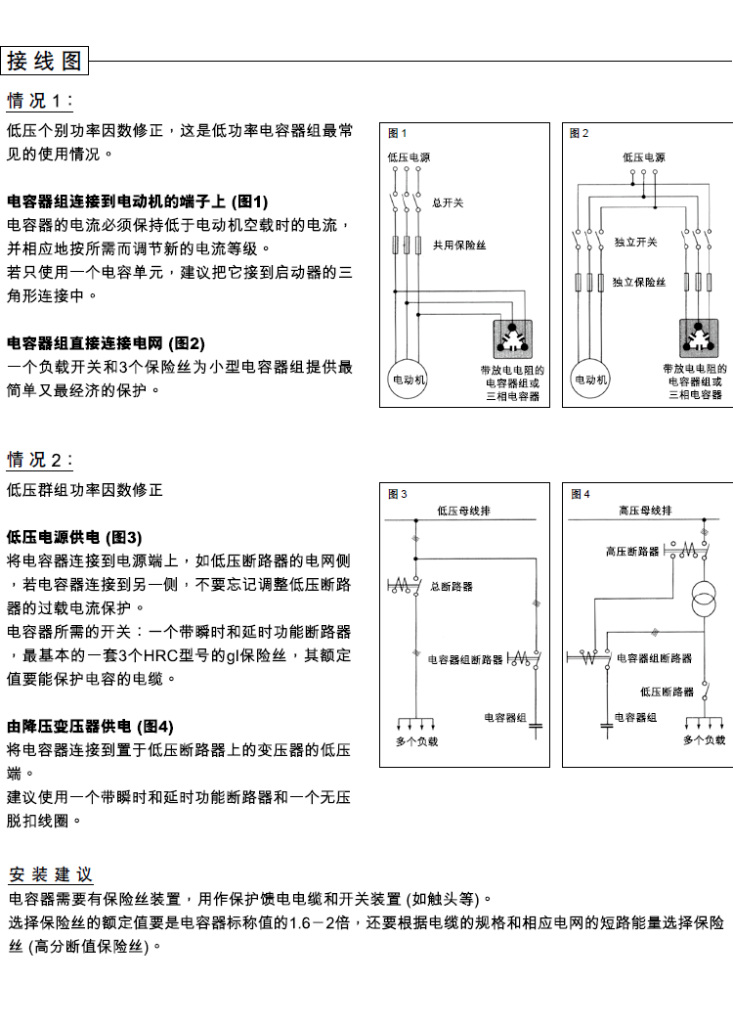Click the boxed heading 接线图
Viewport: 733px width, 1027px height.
coord(45,61)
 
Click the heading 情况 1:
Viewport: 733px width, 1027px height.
coord(40,101)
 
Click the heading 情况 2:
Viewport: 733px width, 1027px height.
coord(40,460)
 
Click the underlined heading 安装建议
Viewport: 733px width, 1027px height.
coord(51,873)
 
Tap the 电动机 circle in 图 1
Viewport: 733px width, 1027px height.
coord(409,379)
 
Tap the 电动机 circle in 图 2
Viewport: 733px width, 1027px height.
coord(590,379)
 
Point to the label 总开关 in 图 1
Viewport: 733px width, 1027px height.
coord(448,203)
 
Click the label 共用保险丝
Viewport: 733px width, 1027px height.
coord(459,246)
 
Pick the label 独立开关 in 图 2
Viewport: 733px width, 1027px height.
coord(635,242)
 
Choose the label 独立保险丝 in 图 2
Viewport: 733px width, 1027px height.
coord(639,282)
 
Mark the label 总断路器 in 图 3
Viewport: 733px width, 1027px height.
coord(452,587)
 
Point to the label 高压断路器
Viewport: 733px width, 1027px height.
coord(632,553)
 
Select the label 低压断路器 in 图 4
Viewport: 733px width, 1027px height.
coord(668,692)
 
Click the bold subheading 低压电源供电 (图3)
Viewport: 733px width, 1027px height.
coord(74,537)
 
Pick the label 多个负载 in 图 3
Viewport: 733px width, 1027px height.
coord(417,741)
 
